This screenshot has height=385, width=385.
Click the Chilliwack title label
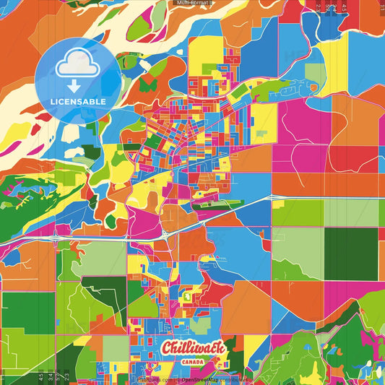click(193, 349)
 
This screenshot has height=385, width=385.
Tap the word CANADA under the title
click(193, 362)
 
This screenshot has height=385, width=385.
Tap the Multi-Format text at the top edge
click(193, 3)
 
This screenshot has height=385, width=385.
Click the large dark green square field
click(350, 253)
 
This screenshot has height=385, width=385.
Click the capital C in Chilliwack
click(168, 348)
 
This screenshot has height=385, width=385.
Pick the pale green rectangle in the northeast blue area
click(316, 73)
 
